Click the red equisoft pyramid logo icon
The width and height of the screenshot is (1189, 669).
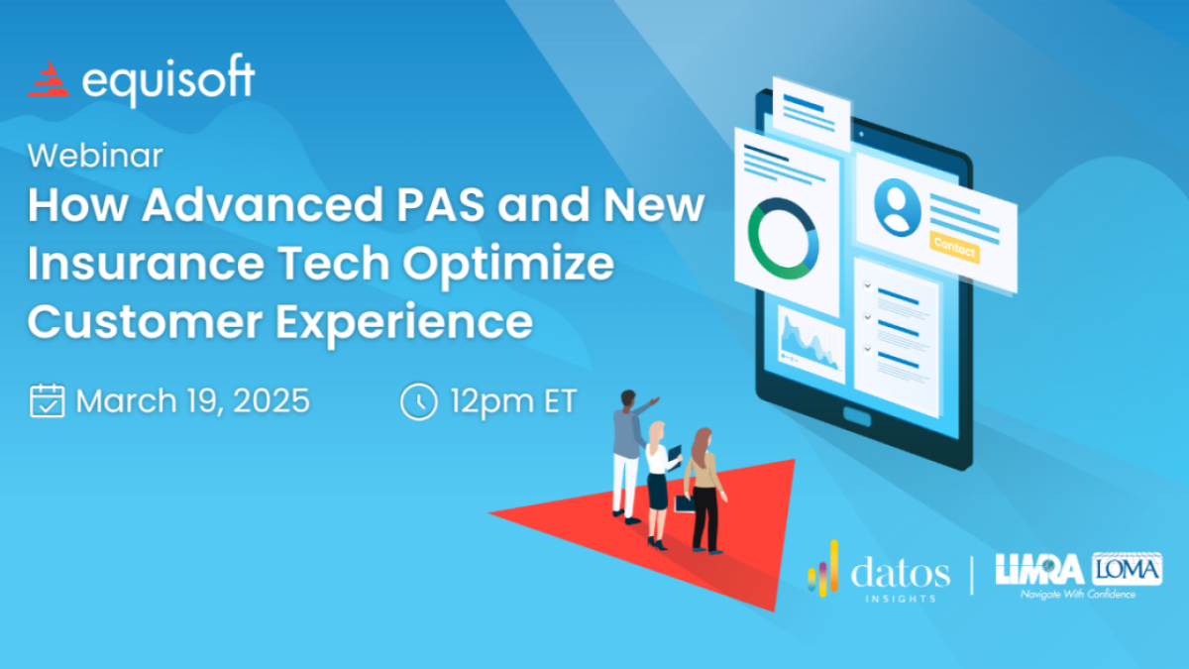(x=49, y=79)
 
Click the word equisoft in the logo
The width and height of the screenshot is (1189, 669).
(x=168, y=79)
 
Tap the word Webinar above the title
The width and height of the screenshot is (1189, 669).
(x=95, y=156)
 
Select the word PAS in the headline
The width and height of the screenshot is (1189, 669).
(x=441, y=204)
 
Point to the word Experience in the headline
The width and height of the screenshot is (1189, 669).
(x=404, y=323)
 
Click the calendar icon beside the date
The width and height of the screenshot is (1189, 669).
(x=48, y=400)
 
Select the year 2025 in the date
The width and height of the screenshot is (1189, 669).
(x=271, y=400)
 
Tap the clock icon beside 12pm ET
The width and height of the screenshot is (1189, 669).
(x=419, y=401)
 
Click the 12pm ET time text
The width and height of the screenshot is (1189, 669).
(x=513, y=402)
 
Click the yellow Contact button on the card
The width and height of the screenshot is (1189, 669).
(x=954, y=247)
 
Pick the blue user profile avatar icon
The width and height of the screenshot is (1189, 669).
(x=897, y=207)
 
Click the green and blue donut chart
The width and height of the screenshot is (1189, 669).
(x=784, y=239)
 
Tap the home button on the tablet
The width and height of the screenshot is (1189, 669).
(x=857, y=416)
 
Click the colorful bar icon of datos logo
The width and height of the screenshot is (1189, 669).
(x=823, y=568)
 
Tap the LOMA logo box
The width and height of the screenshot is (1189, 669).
(x=1127, y=569)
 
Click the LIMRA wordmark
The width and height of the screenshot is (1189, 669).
(x=1039, y=569)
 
